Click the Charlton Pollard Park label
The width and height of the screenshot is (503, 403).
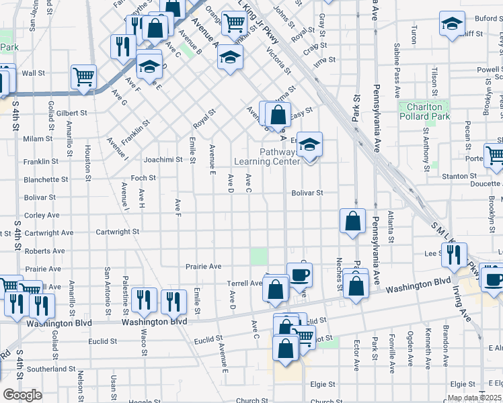pos(424,111)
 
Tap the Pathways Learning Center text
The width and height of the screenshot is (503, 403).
pos(266,156)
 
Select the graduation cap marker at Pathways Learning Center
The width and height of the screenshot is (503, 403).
pos(309,145)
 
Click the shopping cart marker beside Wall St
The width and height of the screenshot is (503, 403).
pos(83,77)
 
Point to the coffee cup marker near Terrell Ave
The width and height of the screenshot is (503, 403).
pos(299,274)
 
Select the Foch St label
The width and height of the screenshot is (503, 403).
pos(143,178)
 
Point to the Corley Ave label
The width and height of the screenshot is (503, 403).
pos(42,216)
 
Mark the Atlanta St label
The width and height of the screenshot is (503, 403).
pos(391,226)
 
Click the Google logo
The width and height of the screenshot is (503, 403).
pos(22,394)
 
